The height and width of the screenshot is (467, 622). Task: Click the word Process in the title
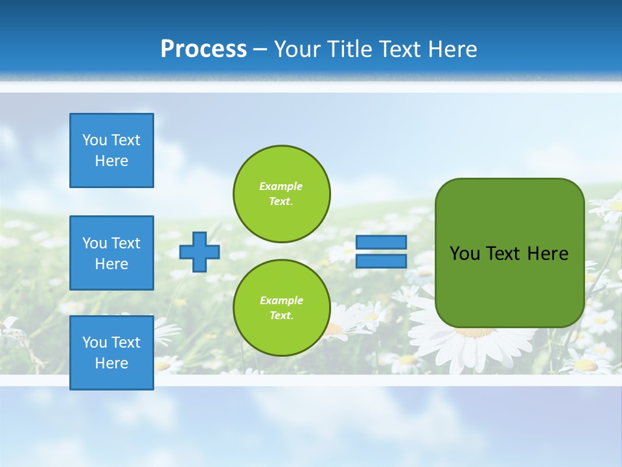coord(203,49)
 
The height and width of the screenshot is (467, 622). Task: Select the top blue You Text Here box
coord(111,150)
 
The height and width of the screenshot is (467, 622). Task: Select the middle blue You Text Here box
coord(111,253)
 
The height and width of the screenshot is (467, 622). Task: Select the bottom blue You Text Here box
coord(111,352)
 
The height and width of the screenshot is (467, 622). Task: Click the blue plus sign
coord(200,252)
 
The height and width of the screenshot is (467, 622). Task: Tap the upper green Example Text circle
coord(281,194)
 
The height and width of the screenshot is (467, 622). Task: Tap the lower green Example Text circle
coord(281,308)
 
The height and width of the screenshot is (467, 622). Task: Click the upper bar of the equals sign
coord(381,242)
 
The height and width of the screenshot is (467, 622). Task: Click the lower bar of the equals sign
coord(381,261)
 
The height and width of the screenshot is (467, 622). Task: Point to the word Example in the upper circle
coord(281,187)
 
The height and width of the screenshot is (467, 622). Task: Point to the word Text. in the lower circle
coord(281,316)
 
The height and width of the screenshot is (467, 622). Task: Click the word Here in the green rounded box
coord(547,254)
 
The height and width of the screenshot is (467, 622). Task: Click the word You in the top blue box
coord(95,140)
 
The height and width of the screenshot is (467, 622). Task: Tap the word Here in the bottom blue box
coord(111,363)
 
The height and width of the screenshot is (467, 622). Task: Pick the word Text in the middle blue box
coord(126,243)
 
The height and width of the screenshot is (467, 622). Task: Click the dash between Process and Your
coord(260,49)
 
